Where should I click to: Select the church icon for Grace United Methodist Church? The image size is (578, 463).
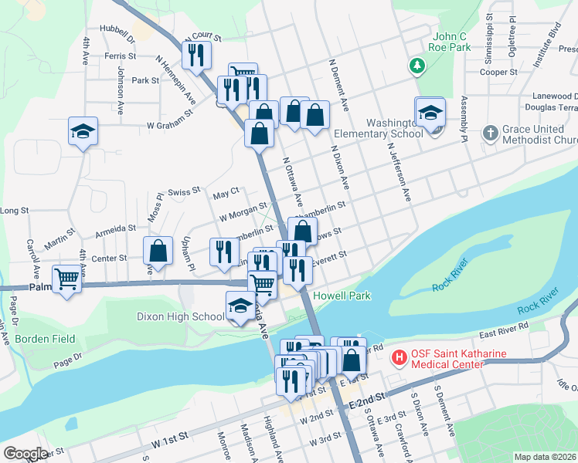(489, 133)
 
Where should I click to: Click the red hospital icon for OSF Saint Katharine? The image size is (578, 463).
(399, 358)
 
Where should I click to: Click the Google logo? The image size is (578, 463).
(26, 453)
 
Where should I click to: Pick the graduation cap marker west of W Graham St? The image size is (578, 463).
(83, 131)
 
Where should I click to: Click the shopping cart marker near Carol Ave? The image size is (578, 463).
(67, 279)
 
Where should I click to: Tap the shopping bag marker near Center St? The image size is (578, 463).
(158, 252)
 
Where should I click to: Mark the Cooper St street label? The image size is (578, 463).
(498, 72)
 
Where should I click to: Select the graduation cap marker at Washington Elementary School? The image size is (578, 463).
(430, 113)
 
